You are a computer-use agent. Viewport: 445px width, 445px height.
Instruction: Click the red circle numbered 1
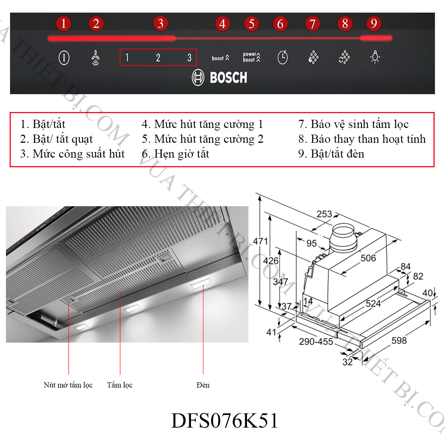63,24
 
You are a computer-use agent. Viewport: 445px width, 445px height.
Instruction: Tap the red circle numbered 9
374,23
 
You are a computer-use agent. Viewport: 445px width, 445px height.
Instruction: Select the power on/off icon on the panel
64,57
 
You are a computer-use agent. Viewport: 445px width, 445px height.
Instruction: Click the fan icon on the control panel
95,58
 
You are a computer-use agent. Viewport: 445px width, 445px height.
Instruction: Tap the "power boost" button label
251,57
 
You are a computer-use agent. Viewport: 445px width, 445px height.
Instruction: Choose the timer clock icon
283,57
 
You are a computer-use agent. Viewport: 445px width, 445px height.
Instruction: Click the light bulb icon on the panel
375,57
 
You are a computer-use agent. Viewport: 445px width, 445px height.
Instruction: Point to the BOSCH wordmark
228,78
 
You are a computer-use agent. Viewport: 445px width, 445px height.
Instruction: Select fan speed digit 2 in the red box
158,57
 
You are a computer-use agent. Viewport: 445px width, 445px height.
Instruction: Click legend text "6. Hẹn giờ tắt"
175,154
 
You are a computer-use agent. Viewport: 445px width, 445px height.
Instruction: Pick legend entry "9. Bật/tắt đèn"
331,154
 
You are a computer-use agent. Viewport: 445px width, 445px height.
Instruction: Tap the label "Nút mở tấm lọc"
68,385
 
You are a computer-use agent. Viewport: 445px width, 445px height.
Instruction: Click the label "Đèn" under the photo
203,385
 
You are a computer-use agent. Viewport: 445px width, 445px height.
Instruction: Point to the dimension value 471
260,241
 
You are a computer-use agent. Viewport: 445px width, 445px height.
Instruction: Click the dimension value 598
399,340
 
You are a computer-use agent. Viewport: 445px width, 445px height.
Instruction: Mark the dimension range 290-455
316,341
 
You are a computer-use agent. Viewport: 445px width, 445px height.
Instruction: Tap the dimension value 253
324,214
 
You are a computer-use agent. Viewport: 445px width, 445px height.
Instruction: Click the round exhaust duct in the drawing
343,237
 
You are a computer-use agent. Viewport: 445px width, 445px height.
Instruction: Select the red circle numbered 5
251,24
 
